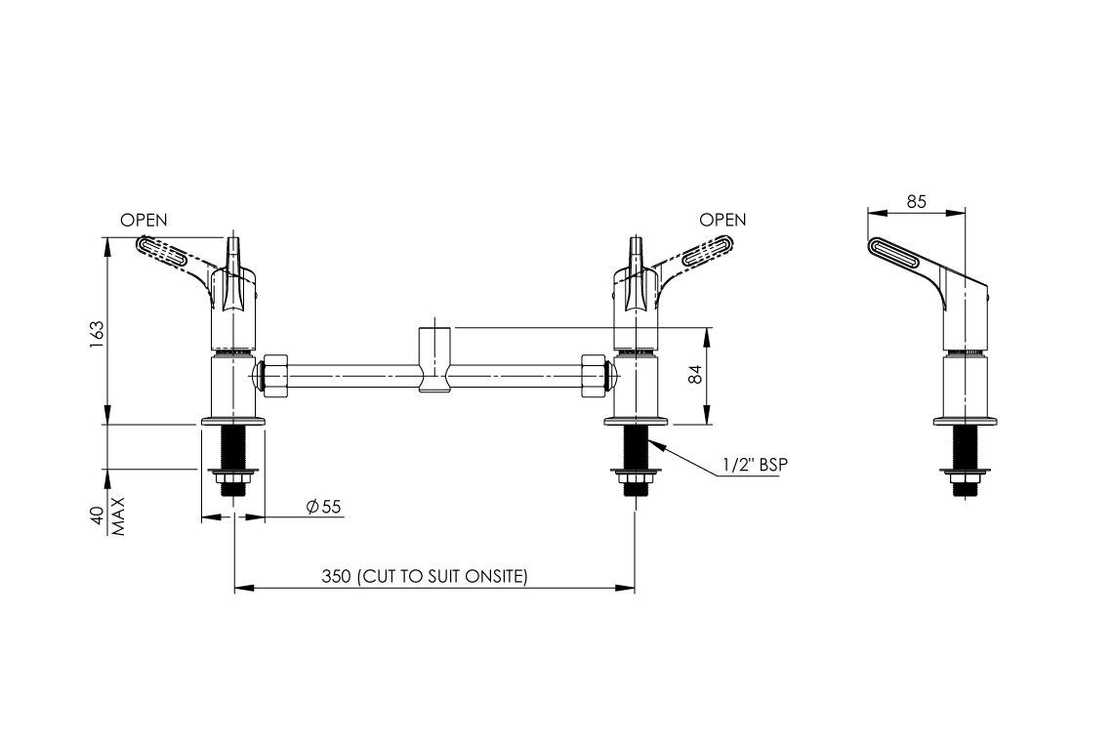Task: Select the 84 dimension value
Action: (695, 375)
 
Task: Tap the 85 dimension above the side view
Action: (916, 202)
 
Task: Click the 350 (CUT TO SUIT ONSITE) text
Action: (424, 576)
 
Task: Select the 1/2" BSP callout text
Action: (754, 466)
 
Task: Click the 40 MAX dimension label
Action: (105, 515)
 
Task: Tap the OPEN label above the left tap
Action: (144, 220)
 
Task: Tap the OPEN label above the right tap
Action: (722, 220)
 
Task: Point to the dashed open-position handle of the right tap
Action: (698, 256)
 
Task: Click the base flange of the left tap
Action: (232, 422)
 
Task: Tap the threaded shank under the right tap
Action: (636, 448)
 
